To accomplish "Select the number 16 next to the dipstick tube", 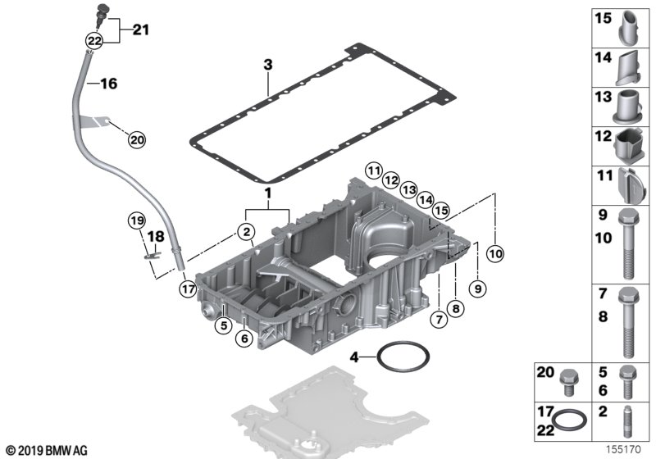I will click(108, 84).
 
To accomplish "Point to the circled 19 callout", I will click(137, 220).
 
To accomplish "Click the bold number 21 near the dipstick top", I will click(141, 31).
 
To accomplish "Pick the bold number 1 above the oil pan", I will click(266, 193).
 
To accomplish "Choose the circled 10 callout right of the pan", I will click(494, 254).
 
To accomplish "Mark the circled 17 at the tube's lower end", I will click(188, 288).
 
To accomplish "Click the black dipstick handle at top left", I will click(102, 11).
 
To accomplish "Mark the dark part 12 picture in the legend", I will click(629, 146).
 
